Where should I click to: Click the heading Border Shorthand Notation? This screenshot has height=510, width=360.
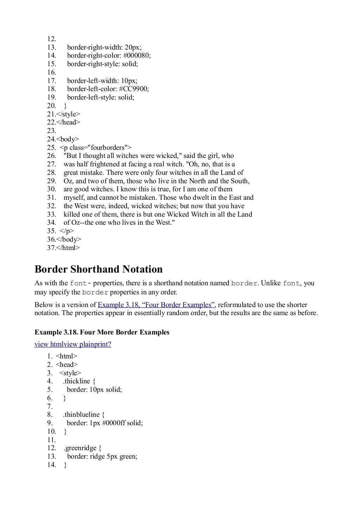coord(98,269)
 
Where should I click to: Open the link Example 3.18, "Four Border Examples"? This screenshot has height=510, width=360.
coord(156,305)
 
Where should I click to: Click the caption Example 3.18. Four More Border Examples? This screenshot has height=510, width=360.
coord(102,332)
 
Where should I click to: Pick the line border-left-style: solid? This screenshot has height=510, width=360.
coord(101,97)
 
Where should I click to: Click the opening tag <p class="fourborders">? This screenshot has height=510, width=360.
coord(95,148)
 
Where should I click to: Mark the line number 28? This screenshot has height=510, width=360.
coord(51,173)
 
